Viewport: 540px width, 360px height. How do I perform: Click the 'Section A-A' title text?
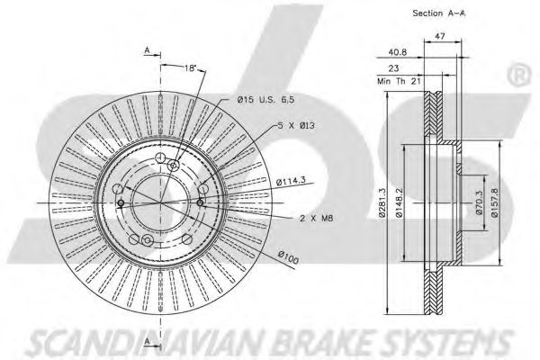(x=437, y=13)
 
